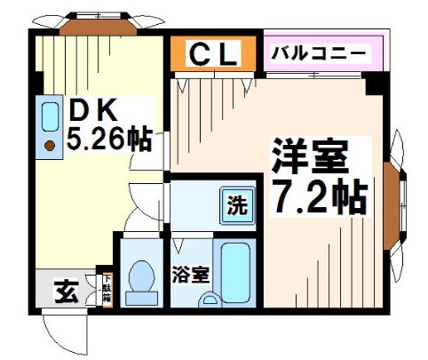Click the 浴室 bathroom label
click(192, 273)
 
